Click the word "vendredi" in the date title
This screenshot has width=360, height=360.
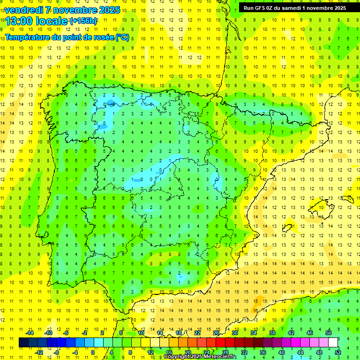click(24, 9)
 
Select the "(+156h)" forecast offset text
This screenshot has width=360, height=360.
click(83, 21)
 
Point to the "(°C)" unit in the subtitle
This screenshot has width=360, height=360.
click(122, 37)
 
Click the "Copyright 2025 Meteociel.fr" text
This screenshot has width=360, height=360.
click(200, 357)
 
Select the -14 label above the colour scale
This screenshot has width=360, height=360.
click(29, 333)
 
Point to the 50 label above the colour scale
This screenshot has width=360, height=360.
click(329, 333)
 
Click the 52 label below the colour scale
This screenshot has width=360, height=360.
click(338, 352)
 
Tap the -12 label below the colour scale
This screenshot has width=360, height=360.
click(38, 352)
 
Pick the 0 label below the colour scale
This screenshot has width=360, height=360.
click(93, 352)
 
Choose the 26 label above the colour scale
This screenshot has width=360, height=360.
click(216, 333)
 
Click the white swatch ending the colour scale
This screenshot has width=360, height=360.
click(333, 342)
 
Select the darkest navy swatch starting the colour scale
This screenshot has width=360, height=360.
click(23, 342)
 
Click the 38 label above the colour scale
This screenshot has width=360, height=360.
click(272, 333)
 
